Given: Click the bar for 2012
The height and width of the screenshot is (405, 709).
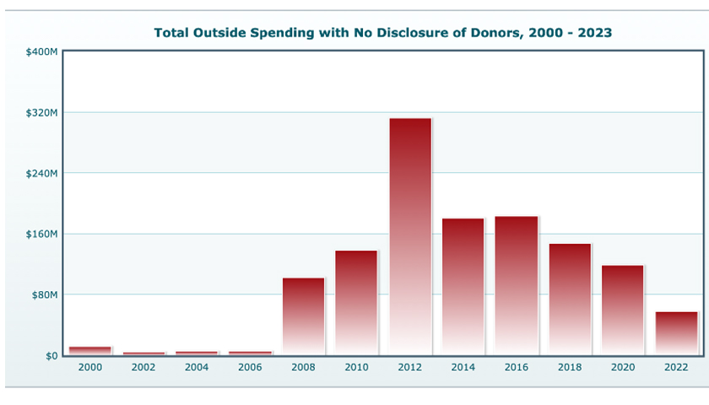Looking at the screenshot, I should pyautogui.click(x=410, y=236).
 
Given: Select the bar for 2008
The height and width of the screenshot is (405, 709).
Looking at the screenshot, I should pyautogui.click(x=303, y=316).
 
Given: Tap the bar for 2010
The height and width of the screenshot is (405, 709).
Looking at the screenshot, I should pyautogui.click(x=356, y=303).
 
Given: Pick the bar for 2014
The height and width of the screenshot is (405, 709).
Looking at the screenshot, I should pyautogui.click(x=463, y=287).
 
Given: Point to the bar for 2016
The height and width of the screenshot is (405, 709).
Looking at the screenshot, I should pyautogui.click(x=517, y=286).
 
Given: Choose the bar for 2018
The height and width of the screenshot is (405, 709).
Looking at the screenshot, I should pyautogui.click(x=570, y=300).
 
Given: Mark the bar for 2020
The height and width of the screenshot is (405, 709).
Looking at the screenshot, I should pyautogui.click(x=623, y=310).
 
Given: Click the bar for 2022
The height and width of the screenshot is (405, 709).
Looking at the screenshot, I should pyautogui.click(x=677, y=333).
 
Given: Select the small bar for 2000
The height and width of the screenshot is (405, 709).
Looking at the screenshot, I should pyautogui.click(x=90, y=350).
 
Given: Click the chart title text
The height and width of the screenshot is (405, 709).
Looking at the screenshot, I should pyautogui.click(x=383, y=33).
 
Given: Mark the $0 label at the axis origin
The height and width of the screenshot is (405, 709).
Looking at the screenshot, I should pyautogui.click(x=51, y=356).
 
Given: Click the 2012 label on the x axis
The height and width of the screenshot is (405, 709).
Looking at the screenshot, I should pyautogui.click(x=410, y=368).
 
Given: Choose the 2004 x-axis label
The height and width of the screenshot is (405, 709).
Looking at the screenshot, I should pyautogui.click(x=197, y=368).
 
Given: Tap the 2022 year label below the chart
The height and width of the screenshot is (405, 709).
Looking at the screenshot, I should pyautogui.click(x=677, y=368).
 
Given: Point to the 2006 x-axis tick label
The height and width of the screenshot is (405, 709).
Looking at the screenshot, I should pyautogui.click(x=250, y=368).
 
